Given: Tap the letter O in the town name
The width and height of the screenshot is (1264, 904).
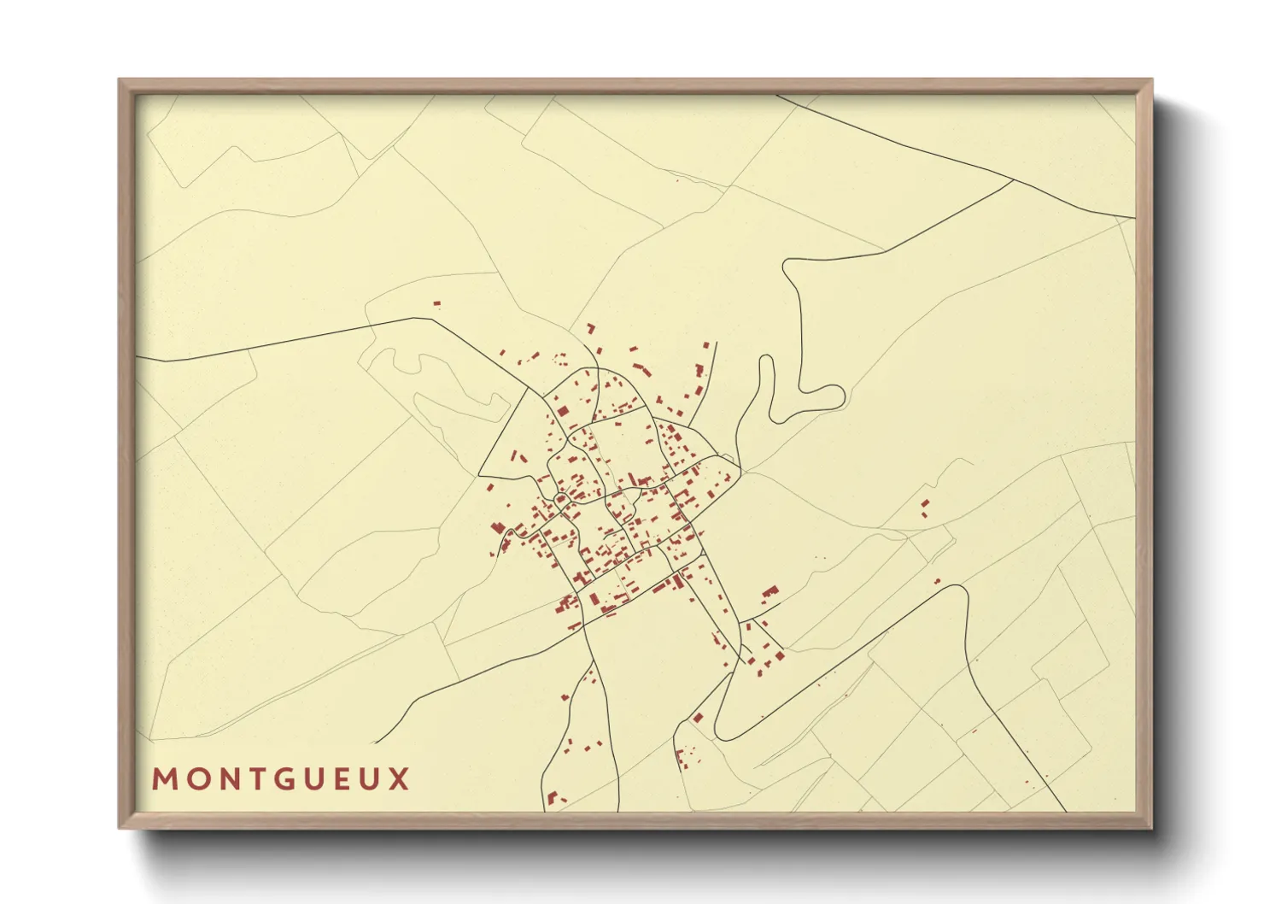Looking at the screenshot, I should pyautogui.click(x=195, y=779).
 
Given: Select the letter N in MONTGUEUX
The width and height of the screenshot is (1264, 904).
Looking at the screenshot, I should pyautogui.click(x=225, y=779).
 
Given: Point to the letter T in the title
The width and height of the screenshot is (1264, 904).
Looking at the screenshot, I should pyautogui.click(x=253, y=779).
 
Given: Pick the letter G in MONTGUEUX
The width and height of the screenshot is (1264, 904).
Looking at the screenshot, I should pyautogui.click(x=281, y=779).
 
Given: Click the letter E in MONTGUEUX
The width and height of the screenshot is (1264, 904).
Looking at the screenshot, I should pyautogui.click(x=341, y=779).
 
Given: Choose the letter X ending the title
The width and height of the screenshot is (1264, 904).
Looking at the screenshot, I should pyautogui.click(x=400, y=779).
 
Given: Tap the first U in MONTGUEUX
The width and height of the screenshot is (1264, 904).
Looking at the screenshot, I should pyautogui.click(x=312, y=779).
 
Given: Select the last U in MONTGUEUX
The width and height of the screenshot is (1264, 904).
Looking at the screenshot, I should pyautogui.click(x=370, y=779).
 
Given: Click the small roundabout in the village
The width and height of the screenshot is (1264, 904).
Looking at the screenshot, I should pyautogui.click(x=562, y=498).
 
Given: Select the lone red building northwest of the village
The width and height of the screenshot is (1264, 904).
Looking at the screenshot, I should pyautogui.click(x=436, y=303).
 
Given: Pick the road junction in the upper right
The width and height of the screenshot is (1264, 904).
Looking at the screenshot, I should pyautogui.click(x=1013, y=180).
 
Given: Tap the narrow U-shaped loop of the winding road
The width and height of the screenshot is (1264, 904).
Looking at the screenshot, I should pyautogui.click(x=766, y=362).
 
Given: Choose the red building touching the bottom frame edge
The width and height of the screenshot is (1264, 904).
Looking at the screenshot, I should pyautogui.click(x=553, y=799).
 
